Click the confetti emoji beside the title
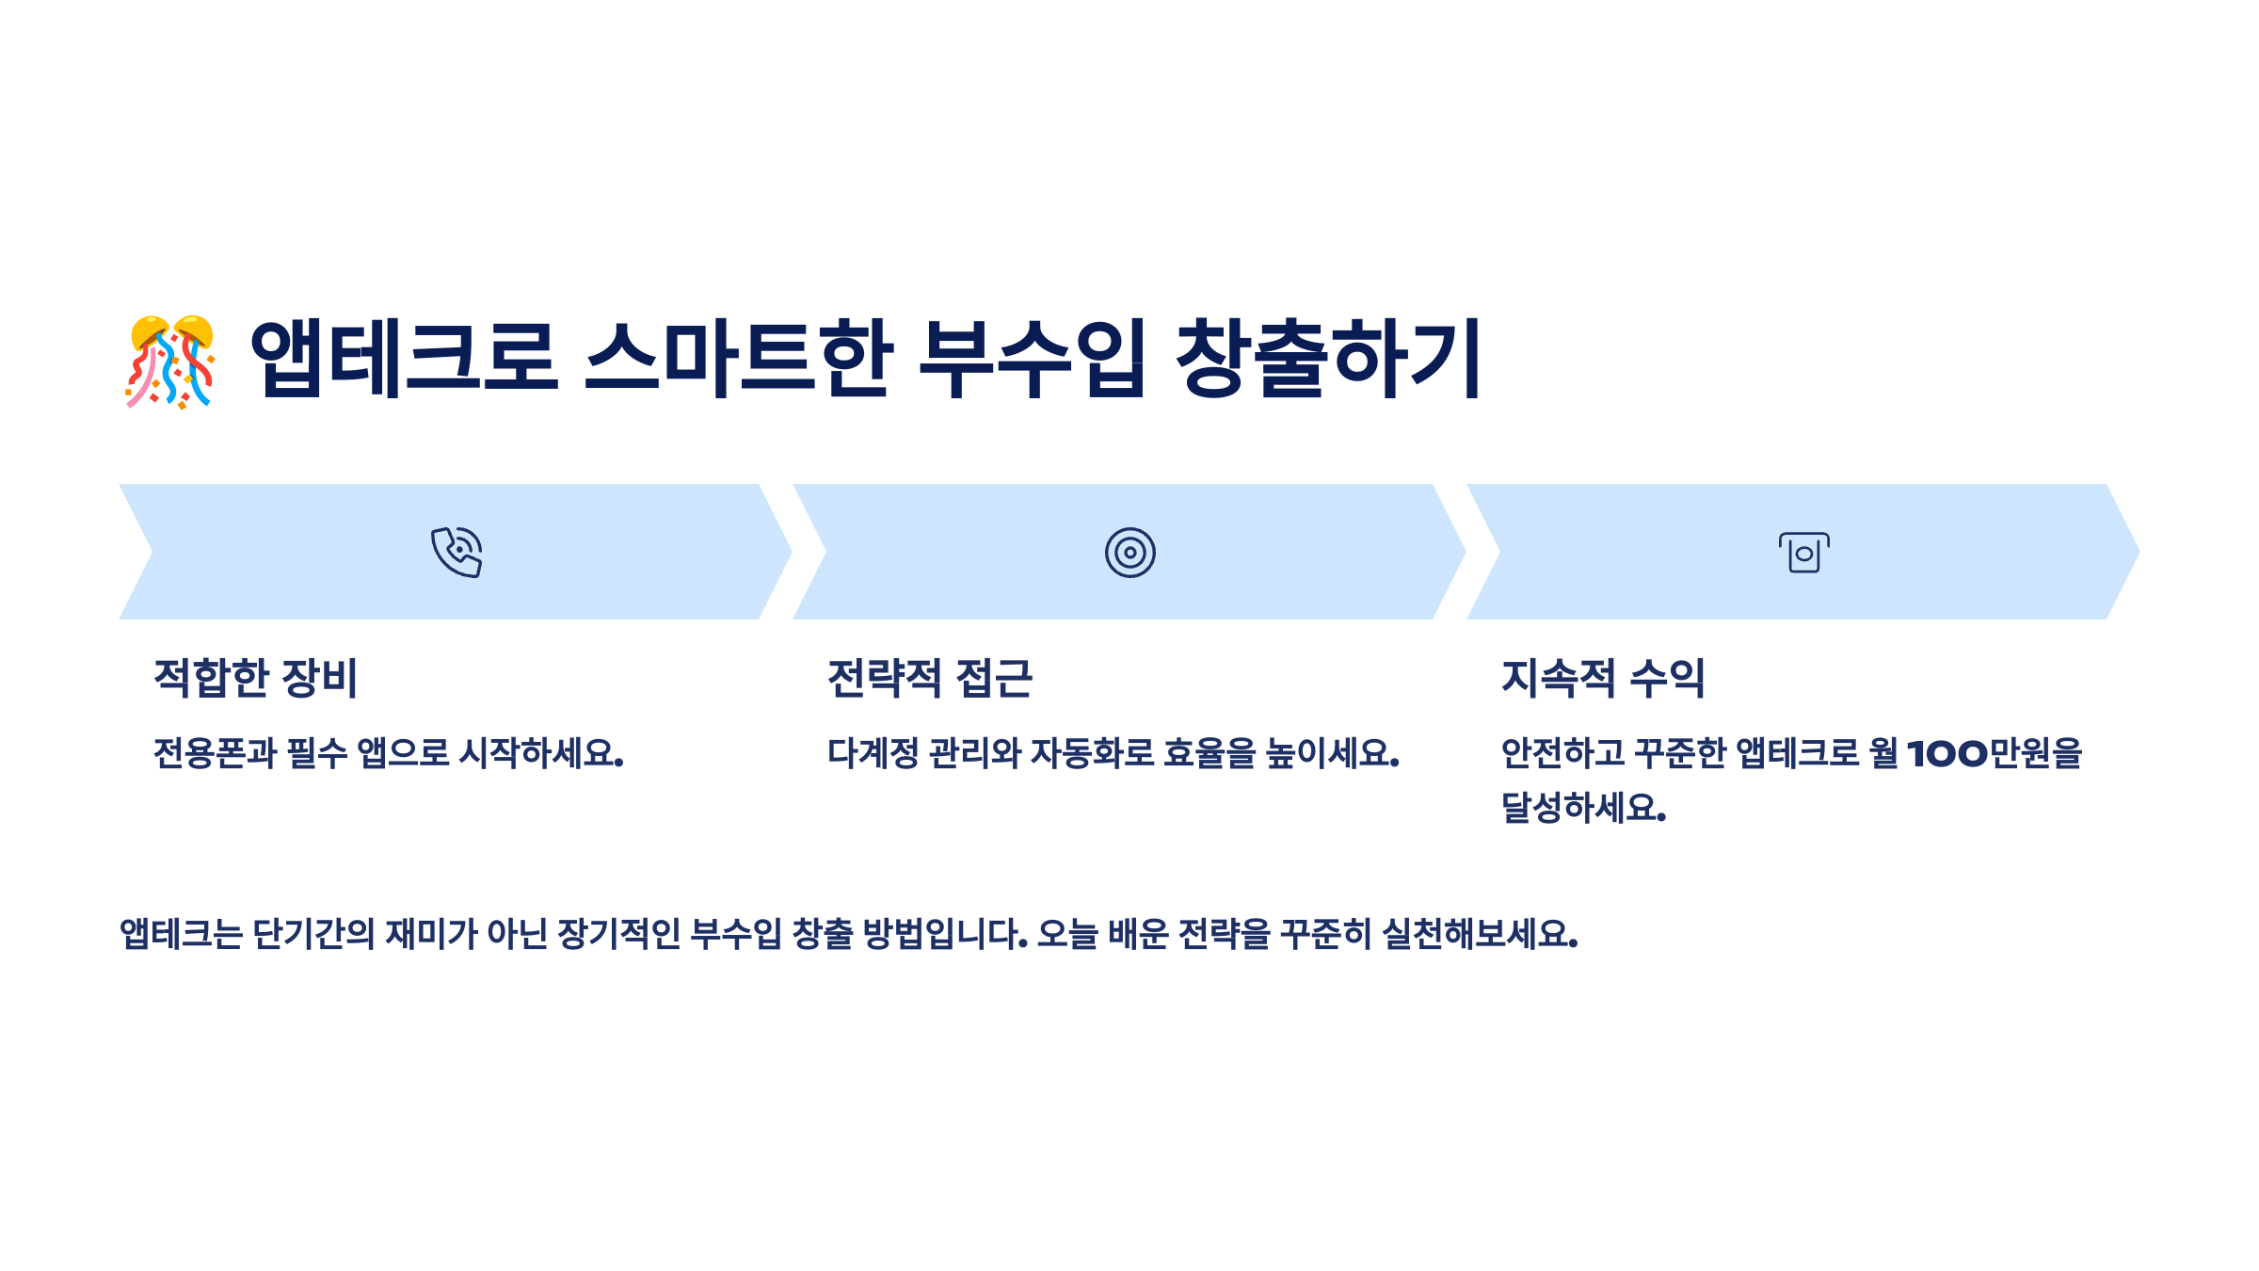pos(170,362)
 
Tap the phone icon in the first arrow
pos(457,552)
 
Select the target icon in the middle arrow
pos(1129,553)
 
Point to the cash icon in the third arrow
pos(1803,553)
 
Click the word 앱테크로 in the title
pos(404,359)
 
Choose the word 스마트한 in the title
pos(738,359)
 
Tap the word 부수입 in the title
pos(1032,359)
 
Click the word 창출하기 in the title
pos(1328,359)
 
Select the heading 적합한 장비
pos(255,678)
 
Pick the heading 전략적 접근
pos(929,678)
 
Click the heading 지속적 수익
pos(1602,678)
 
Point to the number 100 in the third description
pos(1947,753)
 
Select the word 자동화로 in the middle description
pos(1092,753)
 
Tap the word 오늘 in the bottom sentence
pos(1067,934)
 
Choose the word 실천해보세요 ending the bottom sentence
pos(1479,934)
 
